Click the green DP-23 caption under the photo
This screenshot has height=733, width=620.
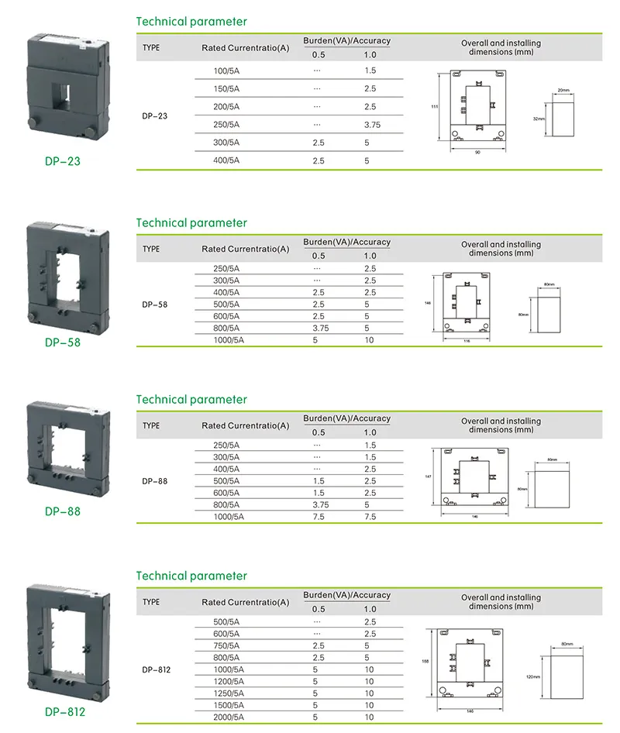coord(62,162)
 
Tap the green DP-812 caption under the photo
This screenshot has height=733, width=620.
coord(65,712)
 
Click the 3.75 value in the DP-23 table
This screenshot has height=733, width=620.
coord(372,126)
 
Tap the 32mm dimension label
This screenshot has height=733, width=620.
coord(539,119)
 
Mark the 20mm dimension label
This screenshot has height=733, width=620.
coord(563,91)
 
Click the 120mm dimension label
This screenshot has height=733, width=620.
coord(532,676)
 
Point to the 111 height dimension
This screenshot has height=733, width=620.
coord(436,106)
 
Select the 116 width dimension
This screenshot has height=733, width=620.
coord(467,341)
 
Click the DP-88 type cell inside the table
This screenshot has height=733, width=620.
coord(154,481)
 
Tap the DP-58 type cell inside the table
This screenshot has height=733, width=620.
coord(154,305)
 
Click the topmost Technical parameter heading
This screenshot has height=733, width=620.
coord(191,22)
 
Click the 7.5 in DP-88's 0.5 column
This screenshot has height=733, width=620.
coord(319,517)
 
